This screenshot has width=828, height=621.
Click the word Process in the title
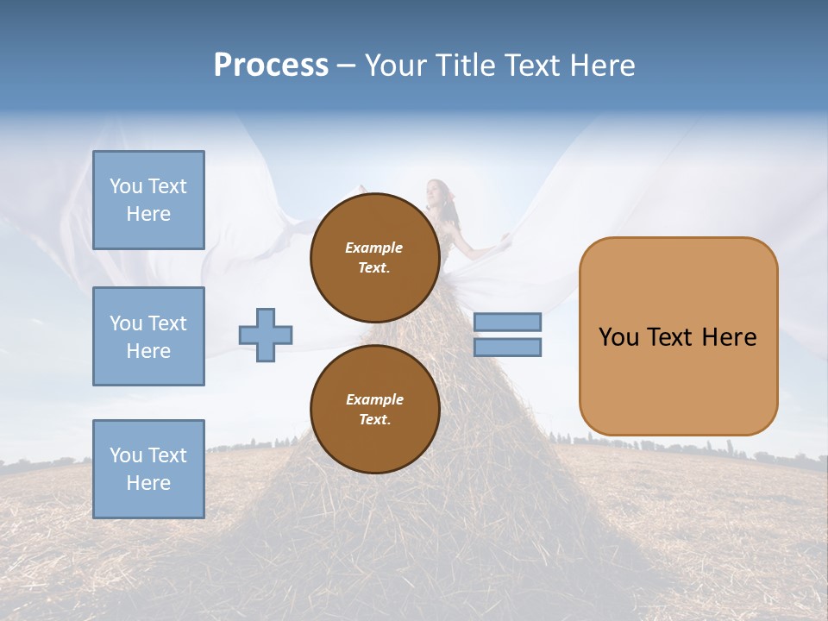tap(271, 66)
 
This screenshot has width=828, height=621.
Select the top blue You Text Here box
tap(148, 200)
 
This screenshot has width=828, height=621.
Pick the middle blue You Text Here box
tap(148, 336)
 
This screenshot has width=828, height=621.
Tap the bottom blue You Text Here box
tap(148, 468)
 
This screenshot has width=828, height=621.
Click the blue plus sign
tap(266, 336)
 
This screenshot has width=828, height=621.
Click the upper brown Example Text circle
tap(374, 257)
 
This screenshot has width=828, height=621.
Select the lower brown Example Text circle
tap(374, 409)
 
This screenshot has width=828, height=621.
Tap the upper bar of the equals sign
tap(507, 322)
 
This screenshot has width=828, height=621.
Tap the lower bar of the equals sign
tap(507, 347)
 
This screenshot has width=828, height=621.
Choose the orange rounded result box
tap(678, 336)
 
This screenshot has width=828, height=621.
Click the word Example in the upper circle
tap(374, 248)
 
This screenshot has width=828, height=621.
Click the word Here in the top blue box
tap(148, 214)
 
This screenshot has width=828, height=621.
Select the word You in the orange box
tap(618, 337)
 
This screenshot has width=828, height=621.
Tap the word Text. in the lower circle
tap(374, 420)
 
